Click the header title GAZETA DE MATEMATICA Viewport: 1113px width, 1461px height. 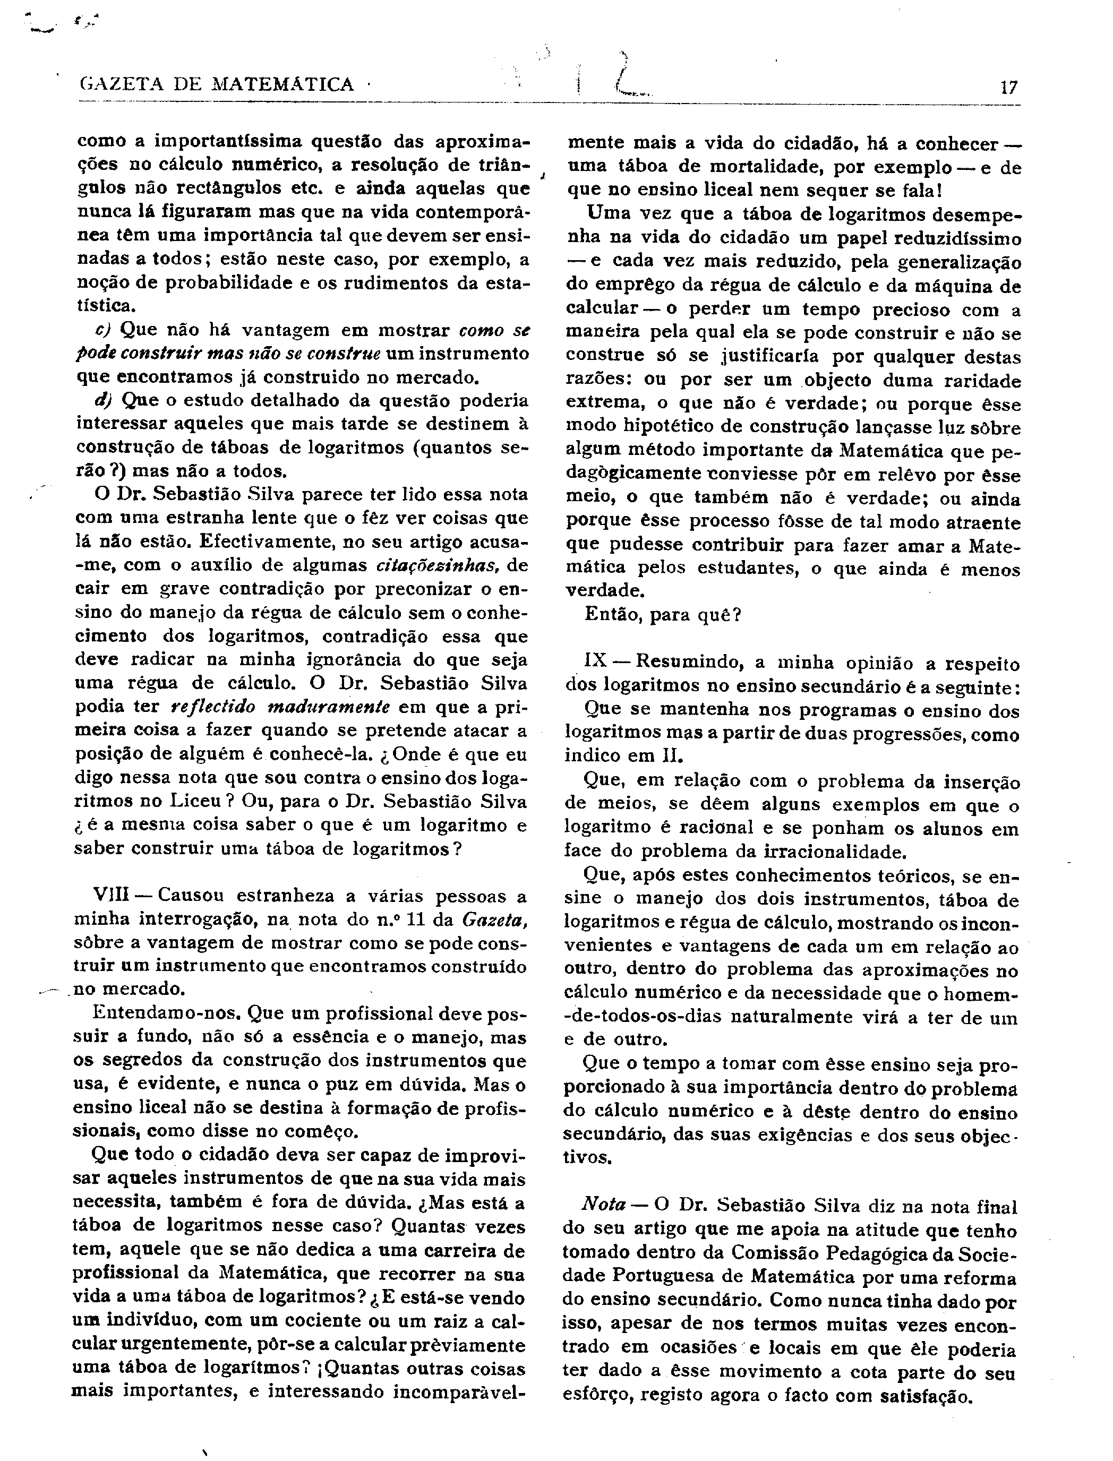217,85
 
